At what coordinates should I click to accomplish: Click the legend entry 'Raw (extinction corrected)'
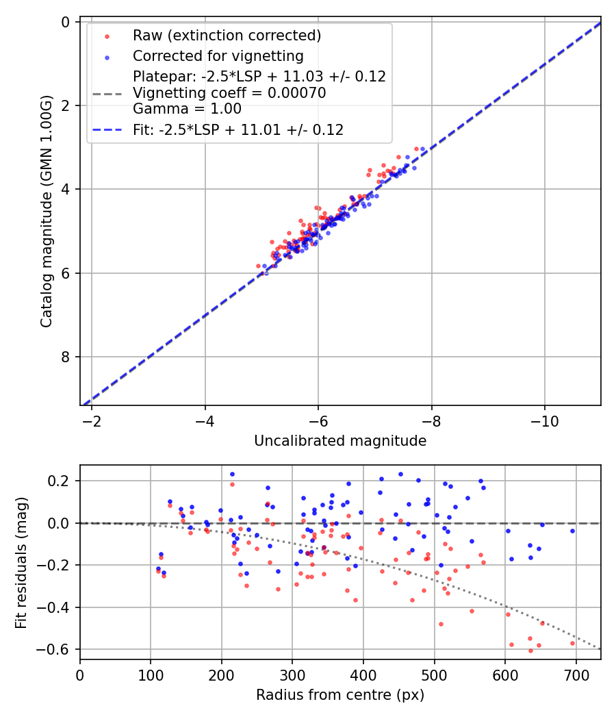point(227,36)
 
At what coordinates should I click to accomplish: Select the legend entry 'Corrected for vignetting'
point(218,55)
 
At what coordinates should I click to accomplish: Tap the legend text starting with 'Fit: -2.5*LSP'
point(238,129)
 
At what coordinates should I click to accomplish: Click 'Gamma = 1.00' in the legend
point(187,109)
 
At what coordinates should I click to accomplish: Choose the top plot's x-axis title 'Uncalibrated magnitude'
point(340,441)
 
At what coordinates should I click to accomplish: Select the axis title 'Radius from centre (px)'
point(340,695)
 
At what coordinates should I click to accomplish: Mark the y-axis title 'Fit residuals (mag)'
point(22,562)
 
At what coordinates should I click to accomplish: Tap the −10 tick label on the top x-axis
point(544,419)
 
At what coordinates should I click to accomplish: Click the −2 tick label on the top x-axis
point(92,419)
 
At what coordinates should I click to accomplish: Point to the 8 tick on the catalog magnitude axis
point(66,357)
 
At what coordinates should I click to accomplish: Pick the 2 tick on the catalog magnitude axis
point(66,105)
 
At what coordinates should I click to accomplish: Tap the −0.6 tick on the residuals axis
point(57,649)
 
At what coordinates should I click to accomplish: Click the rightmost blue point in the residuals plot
point(572,531)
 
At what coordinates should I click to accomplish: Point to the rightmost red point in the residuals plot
point(572,643)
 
